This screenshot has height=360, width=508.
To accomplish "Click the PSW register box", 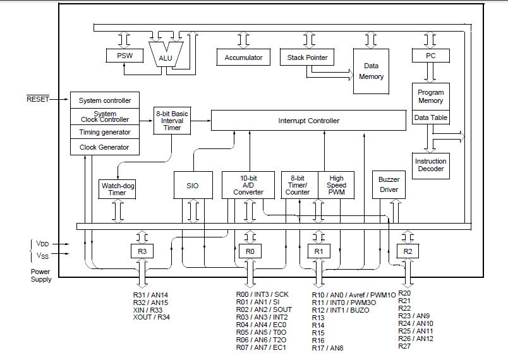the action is point(124,56).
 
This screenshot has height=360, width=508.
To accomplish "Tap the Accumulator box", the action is point(243,57).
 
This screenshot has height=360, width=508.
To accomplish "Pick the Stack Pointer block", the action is point(307,57).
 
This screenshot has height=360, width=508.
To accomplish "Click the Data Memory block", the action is point(371,71).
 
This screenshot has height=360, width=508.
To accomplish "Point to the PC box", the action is point(430,56).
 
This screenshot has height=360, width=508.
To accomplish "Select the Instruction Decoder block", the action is point(430,165).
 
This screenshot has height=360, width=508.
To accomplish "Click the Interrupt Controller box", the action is point(308,121).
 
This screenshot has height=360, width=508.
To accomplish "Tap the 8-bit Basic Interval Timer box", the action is point(172,121).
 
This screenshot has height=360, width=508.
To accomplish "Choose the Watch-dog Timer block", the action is point(117,189).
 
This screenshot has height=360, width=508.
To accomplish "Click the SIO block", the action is point(193,185).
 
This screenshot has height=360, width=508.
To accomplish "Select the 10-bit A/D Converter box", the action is point(248,185).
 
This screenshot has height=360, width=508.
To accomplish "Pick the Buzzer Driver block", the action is point(389,184).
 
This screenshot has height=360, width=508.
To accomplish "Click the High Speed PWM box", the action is point(336,185).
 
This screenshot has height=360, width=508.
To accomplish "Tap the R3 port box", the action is point(142,251).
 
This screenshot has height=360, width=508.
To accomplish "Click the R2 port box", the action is point(408,251).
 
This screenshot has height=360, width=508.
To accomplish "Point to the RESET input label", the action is point(38,99).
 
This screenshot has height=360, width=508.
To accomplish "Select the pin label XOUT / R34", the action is point(151,317).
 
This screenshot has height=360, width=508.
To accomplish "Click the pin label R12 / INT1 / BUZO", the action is point(341,310).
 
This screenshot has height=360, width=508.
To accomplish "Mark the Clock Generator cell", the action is point(105,147).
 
